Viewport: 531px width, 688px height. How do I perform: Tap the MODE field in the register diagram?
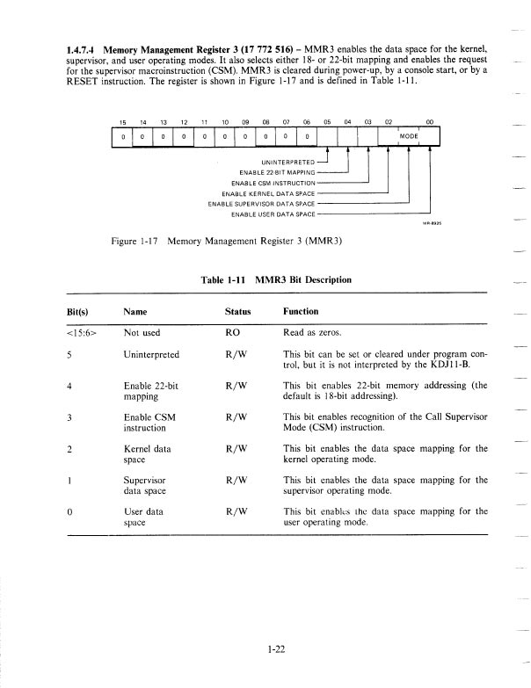[409, 137]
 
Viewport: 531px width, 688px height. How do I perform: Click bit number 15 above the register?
[124, 123]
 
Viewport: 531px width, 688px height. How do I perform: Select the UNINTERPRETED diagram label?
[287, 163]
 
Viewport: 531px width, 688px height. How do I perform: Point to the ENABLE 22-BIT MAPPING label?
[276, 171]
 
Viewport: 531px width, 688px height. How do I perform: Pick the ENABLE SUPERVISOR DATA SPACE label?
[261, 203]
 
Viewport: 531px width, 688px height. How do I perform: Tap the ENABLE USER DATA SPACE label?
[272, 214]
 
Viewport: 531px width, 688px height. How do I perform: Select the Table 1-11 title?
[276, 279]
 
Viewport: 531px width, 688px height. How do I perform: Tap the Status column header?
[238, 311]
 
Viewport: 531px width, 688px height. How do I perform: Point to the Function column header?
[301, 311]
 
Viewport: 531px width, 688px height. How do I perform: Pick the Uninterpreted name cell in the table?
[152, 354]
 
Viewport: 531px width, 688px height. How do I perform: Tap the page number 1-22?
[280, 649]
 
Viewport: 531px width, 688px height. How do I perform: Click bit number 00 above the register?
[429, 123]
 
